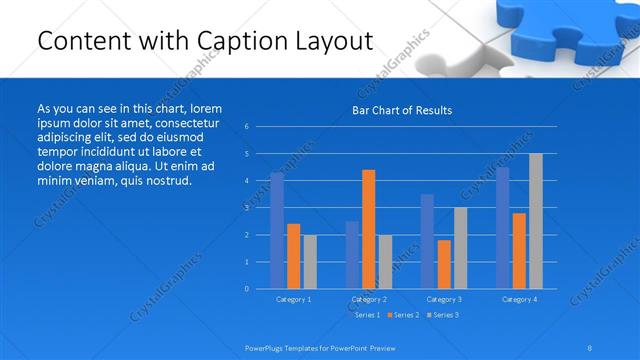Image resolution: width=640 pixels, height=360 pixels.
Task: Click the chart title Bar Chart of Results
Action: [x=402, y=110]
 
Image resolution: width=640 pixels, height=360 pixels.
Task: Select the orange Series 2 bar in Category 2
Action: [x=368, y=229]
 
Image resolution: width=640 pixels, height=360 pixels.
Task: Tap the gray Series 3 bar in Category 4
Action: [x=535, y=221]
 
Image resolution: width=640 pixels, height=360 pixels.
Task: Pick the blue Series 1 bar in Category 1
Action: [x=277, y=230]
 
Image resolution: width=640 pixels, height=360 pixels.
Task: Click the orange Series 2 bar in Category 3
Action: [x=443, y=264]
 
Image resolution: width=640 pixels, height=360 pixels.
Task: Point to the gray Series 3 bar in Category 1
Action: [x=309, y=261]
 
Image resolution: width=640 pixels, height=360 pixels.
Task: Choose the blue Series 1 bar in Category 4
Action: [x=502, y=228]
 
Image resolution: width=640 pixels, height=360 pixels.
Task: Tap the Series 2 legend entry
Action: [x=404, y=315]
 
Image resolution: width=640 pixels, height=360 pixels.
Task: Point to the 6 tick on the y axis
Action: [x=247, y=127]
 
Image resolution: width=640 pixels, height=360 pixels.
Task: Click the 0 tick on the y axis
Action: [x=247, y=289]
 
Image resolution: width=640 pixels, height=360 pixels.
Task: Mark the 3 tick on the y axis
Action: [x=247, y=208]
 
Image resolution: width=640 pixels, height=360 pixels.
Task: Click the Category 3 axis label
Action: [x=443, y=299]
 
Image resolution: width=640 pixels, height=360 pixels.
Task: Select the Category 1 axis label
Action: [x=293, y=299]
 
